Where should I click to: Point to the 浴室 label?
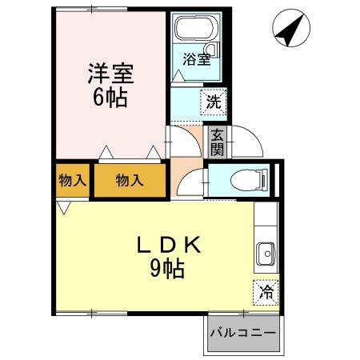[197, 59]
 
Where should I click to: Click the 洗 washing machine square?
[214, 102]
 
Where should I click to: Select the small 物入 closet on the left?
[72, 181]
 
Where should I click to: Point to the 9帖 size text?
[168, 270]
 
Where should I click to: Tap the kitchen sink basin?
[265, 255]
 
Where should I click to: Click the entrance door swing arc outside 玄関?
[243, 144]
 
